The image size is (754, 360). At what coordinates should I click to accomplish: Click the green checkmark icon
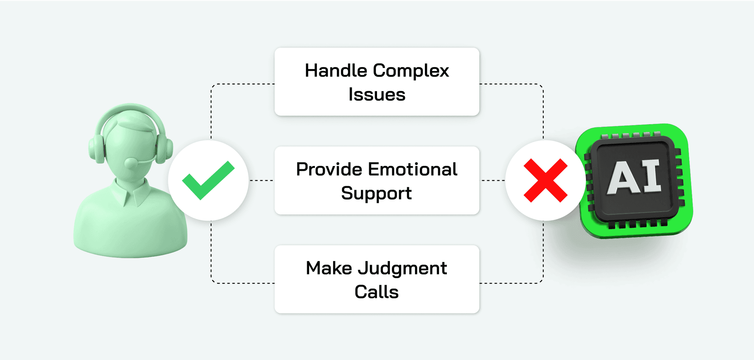[208, 181]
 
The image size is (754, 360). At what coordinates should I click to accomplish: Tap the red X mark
[545, 181]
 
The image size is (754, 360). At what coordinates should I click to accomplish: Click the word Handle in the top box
[336, 71]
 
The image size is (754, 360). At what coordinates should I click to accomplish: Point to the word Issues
[377, 95]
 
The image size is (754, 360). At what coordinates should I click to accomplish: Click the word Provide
[329, 170]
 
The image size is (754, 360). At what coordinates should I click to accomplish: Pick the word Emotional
[413, 170]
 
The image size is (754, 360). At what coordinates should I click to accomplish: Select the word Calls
[377, 292]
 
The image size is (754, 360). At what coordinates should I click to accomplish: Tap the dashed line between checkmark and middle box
[262, 181]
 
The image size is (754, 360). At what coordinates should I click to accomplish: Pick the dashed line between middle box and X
[493, 181]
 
